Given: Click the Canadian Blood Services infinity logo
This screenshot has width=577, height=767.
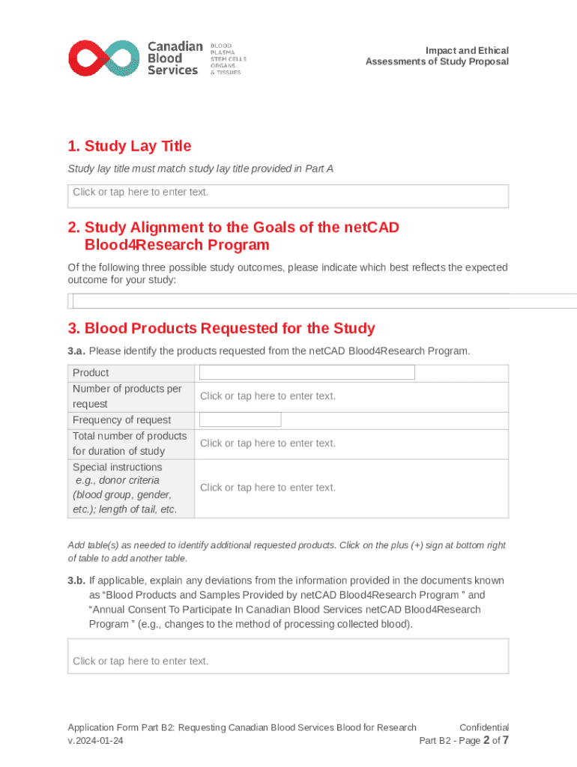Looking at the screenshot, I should [x=103, y=58].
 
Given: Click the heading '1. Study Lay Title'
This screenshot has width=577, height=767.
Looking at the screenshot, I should [x=129, y=146].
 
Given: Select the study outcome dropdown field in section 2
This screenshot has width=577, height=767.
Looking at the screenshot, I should [x=322, y=301].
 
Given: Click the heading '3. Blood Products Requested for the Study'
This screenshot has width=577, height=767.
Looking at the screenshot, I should [x=221, y=328].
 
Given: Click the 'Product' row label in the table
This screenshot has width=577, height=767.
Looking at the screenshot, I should [x=91, y=372].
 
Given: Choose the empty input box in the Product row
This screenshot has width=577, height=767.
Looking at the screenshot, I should [x=306, y=372].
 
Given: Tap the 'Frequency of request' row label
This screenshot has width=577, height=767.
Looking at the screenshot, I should [x=121, y=419].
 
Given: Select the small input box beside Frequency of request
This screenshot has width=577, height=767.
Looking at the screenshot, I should [x=240, y=419].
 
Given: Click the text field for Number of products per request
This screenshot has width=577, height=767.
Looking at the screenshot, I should [x=268, y=396].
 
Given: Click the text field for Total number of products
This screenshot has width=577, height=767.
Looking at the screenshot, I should [x=268, y=443].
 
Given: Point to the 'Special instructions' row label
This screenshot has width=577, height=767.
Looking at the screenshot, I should [x=117, y=467].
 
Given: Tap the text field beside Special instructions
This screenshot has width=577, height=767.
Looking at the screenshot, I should [x=268, y=488].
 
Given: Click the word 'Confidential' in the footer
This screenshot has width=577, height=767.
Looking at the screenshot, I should [x=483, y=727].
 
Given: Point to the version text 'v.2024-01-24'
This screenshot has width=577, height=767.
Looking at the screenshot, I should [x=95, y=741].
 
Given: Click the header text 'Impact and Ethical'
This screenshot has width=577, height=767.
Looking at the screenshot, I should [x=467, y=50].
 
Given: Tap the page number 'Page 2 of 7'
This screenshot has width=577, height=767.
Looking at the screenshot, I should [x=480, y=741].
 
